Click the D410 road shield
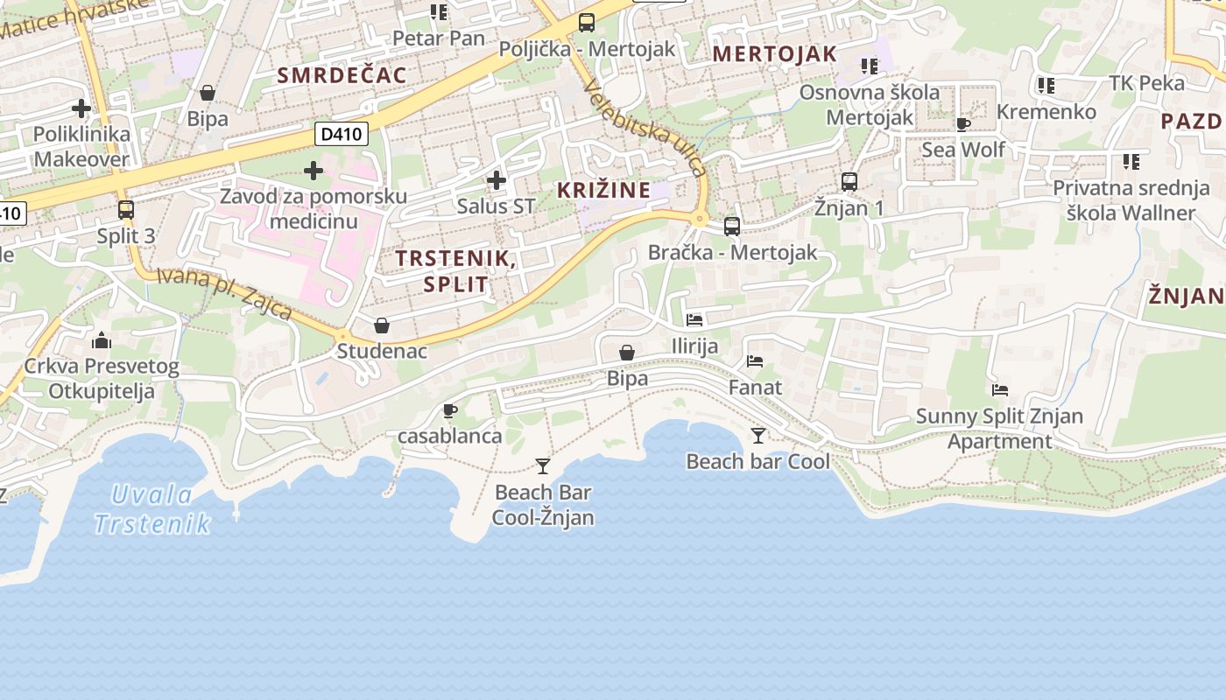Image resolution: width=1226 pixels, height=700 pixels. [x=342, y=134]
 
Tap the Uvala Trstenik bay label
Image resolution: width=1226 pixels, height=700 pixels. [x=152, y=509]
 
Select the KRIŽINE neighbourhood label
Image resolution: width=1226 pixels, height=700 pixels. [x=604, y=190]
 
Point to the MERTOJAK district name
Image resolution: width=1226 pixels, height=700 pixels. [x=775, y=54]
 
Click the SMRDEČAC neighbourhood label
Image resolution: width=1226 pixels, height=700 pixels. [x=342, y=75]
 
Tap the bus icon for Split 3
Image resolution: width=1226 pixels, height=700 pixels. [x=126, y=210]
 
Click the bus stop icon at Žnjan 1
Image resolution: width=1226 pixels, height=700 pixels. [x=849, y=182]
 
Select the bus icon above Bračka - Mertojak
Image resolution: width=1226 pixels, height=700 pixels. [x=732, y=227]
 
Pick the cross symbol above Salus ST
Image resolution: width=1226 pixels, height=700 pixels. [x=497, y=181]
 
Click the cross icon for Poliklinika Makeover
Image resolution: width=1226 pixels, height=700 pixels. [x=81, y=108]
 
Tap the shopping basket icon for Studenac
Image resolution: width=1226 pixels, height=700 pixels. [x=382, y=326]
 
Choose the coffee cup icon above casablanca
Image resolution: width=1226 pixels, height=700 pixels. [x=450, y=410]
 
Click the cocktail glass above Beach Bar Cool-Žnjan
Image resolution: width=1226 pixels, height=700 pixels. [x=543, y=465]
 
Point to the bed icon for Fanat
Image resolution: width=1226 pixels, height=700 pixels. [x=755, y=360]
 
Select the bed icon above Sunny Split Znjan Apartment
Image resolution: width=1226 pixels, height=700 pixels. [x=1000, y=389]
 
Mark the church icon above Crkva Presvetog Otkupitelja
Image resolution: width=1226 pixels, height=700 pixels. [x=102, y=340]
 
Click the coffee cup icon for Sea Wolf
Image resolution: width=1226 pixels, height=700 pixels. [x=963, y=124]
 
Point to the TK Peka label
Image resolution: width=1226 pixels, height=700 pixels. [x=1146, y=83]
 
